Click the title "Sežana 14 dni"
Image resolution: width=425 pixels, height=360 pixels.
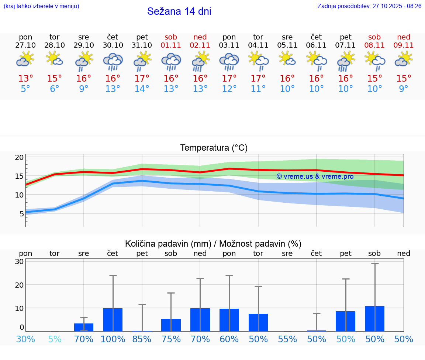click(x=179, y=11)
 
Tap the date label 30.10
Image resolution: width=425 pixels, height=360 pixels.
click(x=113, y=45)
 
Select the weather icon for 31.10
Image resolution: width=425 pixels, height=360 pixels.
click(x=142, y=61)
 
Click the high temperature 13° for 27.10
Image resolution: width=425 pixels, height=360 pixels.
click(x=25, y=78)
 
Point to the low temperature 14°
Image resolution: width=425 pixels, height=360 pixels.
click(x=142, y=89)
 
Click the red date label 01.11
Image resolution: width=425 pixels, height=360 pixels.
click(x=171, y=45)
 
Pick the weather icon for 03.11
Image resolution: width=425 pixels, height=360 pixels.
click(x=229, y=61)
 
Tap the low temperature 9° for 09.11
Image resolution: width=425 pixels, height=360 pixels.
click(x=404, y=89)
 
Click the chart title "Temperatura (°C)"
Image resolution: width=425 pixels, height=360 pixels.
click(x=214, y=148)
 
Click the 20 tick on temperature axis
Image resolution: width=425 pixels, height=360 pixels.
click(x=19, y=157)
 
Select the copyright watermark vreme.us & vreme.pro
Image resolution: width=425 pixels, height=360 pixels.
click(x=315, y=176)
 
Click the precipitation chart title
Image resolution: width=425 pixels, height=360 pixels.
click(x=213, y=244)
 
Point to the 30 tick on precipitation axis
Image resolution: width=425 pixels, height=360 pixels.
click(x=19, y=261)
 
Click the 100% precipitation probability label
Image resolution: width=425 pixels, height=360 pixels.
click(x=113, y=339)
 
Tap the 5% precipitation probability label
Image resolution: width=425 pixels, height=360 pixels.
click(x=55, y=339)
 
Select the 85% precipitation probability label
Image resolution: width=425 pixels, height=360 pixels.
click(x=142, y=339)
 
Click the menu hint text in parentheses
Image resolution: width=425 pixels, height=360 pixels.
click(x=41, y=6)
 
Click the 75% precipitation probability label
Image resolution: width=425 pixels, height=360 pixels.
click(x=171, y=339)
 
